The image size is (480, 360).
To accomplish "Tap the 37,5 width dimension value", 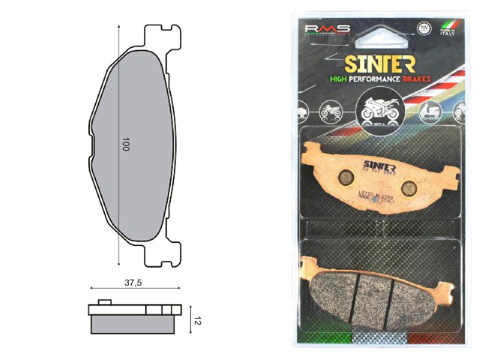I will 133,283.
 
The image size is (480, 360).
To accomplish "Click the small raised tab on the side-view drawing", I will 104,302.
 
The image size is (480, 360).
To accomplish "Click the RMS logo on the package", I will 327,29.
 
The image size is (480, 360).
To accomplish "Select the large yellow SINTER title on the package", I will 380,64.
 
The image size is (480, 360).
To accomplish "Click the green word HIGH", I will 340,79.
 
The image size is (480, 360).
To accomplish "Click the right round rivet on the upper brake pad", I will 408,187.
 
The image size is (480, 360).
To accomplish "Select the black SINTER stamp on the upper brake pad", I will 379,164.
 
